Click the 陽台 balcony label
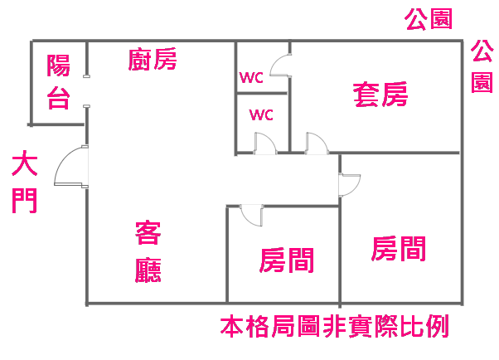coord(57,81)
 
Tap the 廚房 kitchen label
coord(153,60)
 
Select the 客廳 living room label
coord(148,253)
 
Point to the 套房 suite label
coord(380,94)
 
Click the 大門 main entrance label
coord(25,182)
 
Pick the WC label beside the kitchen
coord(251,78)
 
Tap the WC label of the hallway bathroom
coord(262,114)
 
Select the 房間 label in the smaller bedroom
coord(287,260)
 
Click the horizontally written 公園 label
coord(429,19)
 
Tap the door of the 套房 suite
coord(317,143)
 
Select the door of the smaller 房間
coord(250,214)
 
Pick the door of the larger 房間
coord(349,185)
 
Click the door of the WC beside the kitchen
coord(282,66)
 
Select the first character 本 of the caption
coord(230,326)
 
